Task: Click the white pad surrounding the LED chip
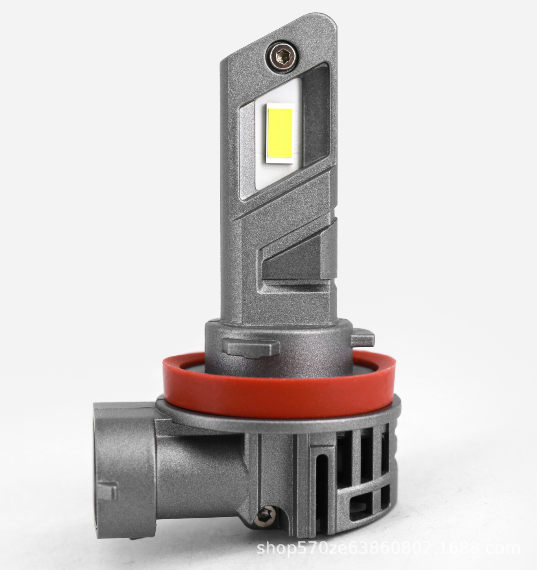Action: [x=278, y=135]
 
